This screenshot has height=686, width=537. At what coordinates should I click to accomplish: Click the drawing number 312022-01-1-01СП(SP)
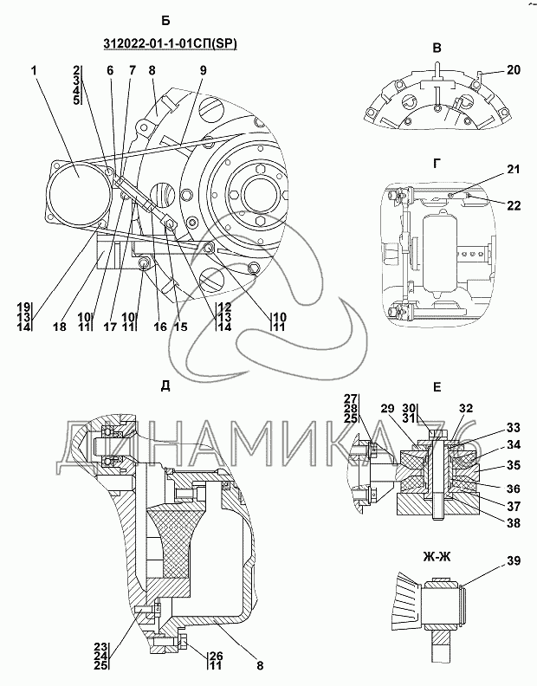click(171, 44)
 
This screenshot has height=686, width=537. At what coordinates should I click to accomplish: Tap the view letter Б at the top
click(165, 21)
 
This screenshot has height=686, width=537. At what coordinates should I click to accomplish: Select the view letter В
click(437, 49)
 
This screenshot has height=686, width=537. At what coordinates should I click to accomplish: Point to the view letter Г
click(437, 164)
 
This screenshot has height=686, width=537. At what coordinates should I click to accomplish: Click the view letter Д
click(165, 386)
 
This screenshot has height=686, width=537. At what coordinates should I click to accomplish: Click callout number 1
click(34, 70)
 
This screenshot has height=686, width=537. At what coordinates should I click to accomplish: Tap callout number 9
click(203, 70)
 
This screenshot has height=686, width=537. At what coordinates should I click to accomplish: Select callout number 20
click(514, 69)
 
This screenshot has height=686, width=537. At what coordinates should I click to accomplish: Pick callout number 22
click(514, 205)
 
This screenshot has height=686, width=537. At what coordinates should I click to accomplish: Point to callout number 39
click(514, 560)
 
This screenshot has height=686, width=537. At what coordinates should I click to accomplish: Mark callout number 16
click(160, 327)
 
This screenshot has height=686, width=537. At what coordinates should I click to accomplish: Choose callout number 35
click(514, 464)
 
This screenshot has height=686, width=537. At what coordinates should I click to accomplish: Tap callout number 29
click(388, 408)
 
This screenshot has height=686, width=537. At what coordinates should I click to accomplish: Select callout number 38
click(514, 522)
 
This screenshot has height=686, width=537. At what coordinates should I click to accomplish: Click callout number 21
click(514, 169)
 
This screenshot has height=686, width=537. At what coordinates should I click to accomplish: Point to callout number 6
click(110, 70)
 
